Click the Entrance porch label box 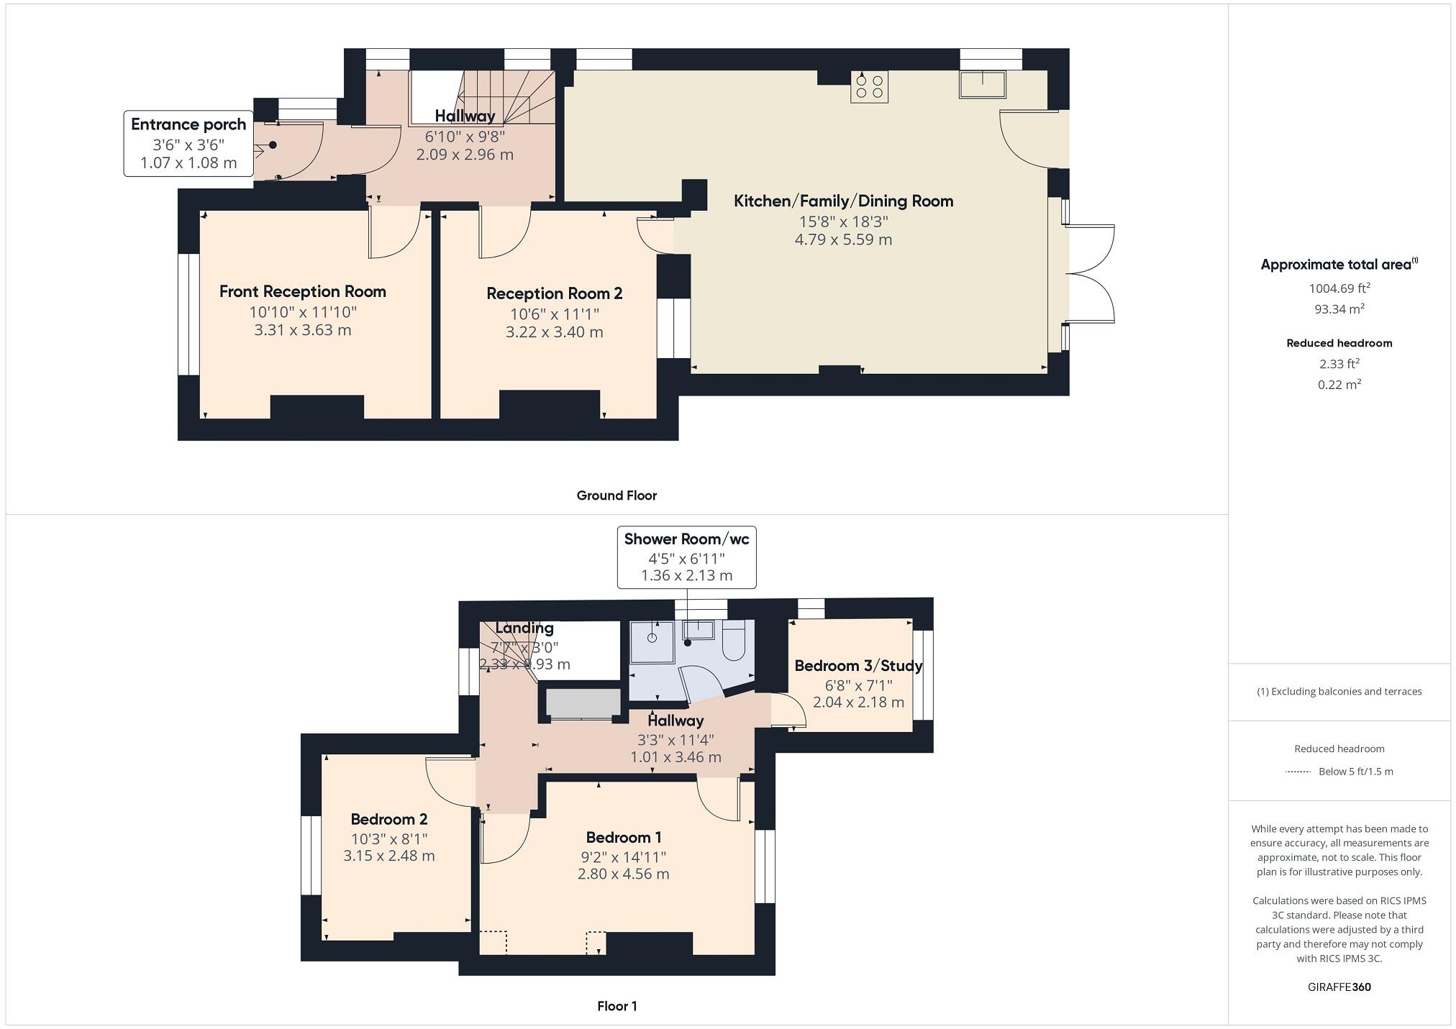(x=188, y=143)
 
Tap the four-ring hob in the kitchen (x=869, y=86)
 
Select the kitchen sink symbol (x=982, y=84)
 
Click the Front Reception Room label (x=302, y=291)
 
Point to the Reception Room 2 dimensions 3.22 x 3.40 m (x=554, y=332)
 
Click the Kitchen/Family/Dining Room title (x=843, y=201)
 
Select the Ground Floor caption (x=616, y=495)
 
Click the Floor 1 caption (x=616, y=1006)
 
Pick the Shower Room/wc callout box (x=686, y=557)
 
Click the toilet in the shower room (x=733, y=642)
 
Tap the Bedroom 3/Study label (x=857, y=666)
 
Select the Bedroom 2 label (x=388, y=819)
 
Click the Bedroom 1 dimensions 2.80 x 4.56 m (x=623, y=874)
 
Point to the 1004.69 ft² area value (x=1339, y=288)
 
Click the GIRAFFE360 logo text (x=1339, y=987)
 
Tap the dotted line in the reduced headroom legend (x=1298, y=772)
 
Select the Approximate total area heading (x=1338, y=265)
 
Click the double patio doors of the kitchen (x=1090, y=274)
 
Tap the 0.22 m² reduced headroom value (x=1339, y=385)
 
